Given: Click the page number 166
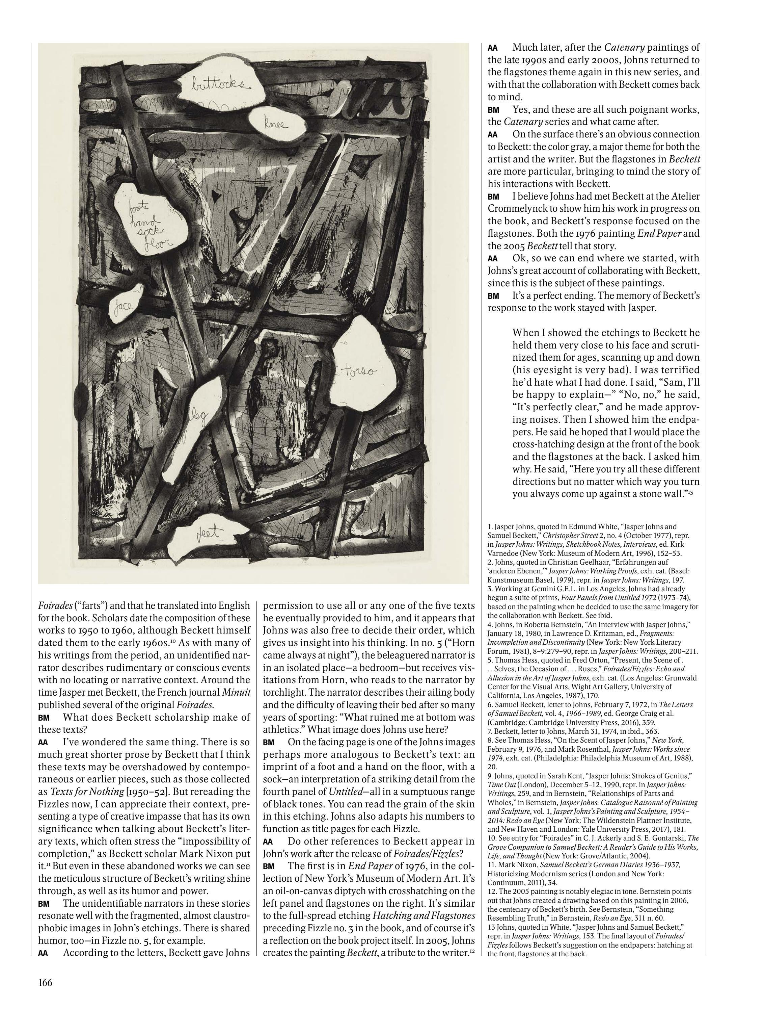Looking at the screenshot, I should [x=45, y=982].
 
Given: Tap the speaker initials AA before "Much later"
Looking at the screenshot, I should [x=492, y=48].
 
